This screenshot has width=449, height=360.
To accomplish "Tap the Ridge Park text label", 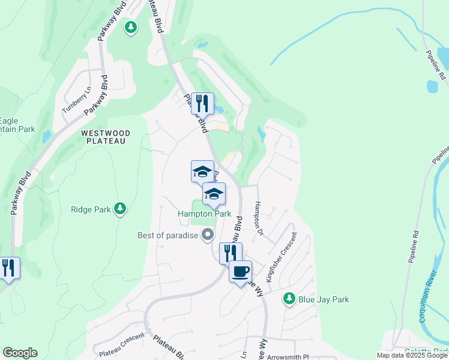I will [x=91, y=209].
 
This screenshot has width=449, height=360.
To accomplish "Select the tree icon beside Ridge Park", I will [x=121, y=208].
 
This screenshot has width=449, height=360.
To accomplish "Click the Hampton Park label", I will [x=204, y=214].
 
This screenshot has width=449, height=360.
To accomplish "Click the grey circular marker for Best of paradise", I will [x=208, y=235].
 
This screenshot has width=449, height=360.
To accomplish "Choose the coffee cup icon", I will [x=240, y=271].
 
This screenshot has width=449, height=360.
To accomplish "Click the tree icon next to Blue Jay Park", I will [x=289, y=298].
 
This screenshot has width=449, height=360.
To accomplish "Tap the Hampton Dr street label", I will [x=259, y=217].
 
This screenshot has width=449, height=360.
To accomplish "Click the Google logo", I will [x=20, y=353].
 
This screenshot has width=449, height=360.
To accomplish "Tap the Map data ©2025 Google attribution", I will [x=412, y=355].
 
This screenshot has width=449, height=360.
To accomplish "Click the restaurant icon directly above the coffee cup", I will [x=231, y=253].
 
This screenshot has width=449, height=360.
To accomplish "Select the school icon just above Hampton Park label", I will [x=214, y=193].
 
